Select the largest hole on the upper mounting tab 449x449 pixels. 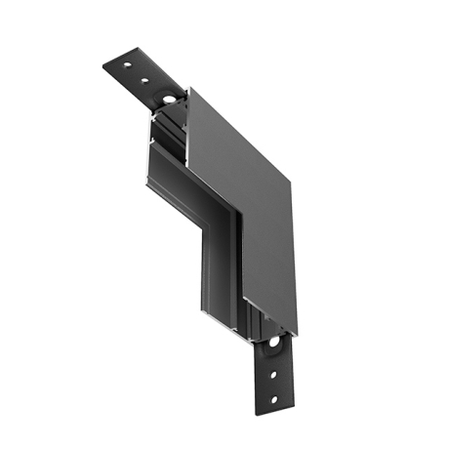168,99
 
